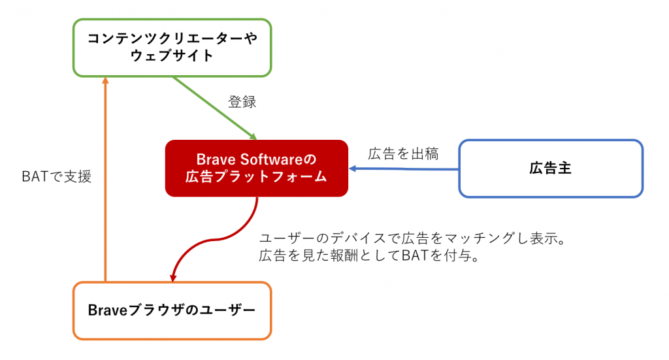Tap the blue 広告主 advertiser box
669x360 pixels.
tap(550, 169)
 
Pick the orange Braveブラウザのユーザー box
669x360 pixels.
tap(172, 310)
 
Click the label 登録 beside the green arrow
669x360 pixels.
tap(242, 102)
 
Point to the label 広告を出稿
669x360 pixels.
tap(402, 154)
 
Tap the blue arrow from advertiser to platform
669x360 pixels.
tap(405, 169)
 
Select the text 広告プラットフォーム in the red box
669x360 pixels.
tap(256, 176)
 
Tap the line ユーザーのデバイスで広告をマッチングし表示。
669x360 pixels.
tap(412, 238)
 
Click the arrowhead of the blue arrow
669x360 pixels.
tap(353, 169)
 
